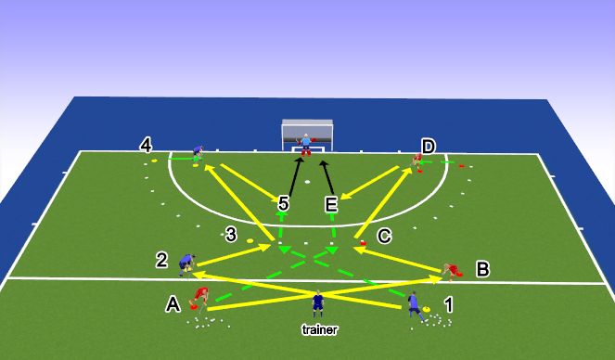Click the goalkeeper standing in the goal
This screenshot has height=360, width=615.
click(x=305, y=143)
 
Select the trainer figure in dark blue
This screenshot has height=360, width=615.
click(x=318, y=303)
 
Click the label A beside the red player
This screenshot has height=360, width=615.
click(x=172, y=302)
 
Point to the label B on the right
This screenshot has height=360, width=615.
click(x=481, y=270)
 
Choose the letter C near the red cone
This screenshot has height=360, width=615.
click(x=384, y=237)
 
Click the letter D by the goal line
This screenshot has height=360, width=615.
click(x=428, y=147)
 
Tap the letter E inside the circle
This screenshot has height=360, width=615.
click(x=330, y=204)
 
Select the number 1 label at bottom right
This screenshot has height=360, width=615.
click(x=449, y=303)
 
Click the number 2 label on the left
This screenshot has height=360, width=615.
click(x=161, y=262)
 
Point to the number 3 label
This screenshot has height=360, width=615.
click(x=232, y=235)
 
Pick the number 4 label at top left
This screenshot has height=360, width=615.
click(x=146, y=146)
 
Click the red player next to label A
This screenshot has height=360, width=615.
click(x=199, y=297)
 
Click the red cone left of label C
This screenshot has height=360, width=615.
click(x=362, y=243)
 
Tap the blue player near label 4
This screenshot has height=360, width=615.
click(x=198, y=151)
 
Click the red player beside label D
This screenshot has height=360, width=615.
click(x=417, y=161)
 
